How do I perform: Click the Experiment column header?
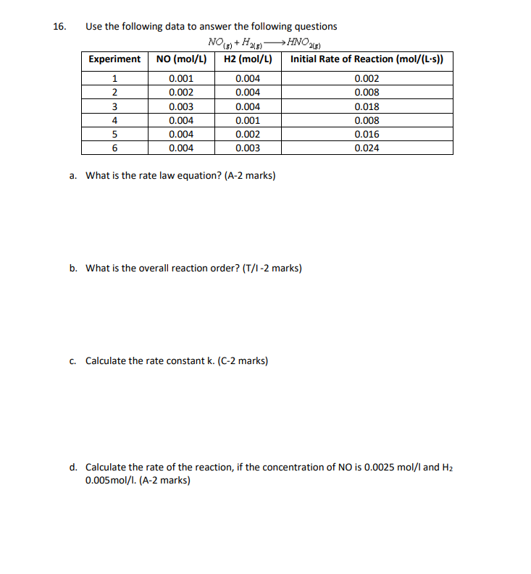(114, 59)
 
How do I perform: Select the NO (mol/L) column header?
(180, 59)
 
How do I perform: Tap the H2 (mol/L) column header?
(248, 59)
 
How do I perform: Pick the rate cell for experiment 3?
(367, 106)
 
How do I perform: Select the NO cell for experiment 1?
(180, 79)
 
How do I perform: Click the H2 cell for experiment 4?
(248, 120)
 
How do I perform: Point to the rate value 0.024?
(367, 148)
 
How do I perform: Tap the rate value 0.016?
(367, 135)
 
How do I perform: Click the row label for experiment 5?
(114, 135)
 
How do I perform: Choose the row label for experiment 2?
(114, 93)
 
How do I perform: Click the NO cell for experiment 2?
(180, 93)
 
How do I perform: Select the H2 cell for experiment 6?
(248, 148)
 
